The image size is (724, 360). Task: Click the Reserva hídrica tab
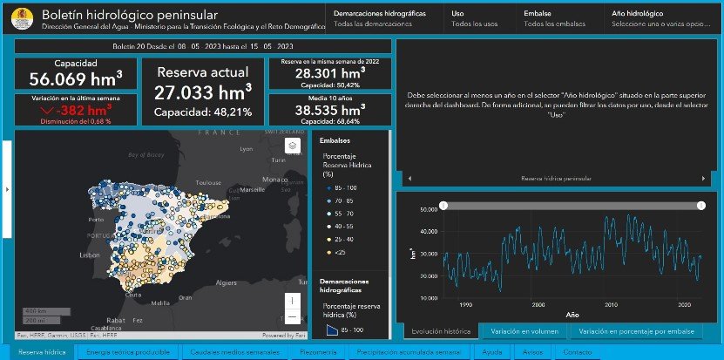(x=42, y=352)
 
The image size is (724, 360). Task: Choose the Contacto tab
(x=579, y=352)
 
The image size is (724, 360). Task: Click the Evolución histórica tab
(x=442, y=331)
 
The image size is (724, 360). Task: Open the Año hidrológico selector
(x=660, y=19)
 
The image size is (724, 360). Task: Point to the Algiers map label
(x=227, y=282)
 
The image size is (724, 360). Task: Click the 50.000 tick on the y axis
(x=426, y=210)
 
